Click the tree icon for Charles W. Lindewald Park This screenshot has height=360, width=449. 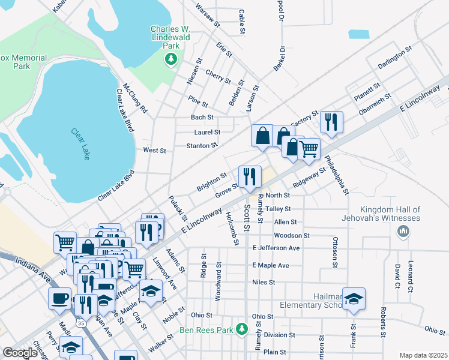[171, 59]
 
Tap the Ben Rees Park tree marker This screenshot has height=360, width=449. [241, 329]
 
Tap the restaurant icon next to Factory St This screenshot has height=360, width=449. [331, 122]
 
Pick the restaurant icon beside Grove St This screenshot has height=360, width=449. [250, 176]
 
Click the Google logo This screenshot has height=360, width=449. [20, 353]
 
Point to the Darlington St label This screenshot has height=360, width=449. [394, 57]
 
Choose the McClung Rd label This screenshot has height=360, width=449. [136, 98]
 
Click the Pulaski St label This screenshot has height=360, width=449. [178, 208]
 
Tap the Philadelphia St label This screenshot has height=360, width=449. [337, 175]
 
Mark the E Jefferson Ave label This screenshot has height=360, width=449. [276, 248]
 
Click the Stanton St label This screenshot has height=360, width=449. [202, 146]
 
